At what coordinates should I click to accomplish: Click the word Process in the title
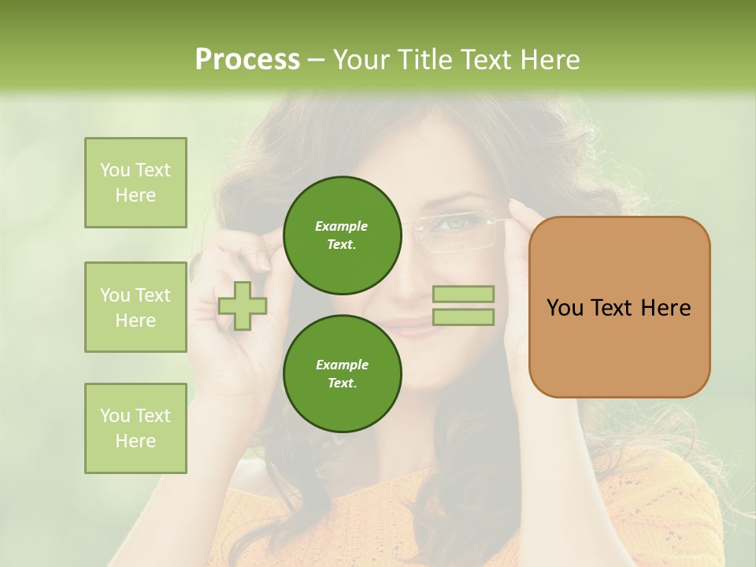247,60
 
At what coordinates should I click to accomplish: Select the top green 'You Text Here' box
135,183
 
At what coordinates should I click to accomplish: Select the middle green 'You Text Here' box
135,307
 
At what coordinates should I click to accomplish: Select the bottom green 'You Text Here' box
135,428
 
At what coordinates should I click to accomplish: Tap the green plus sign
243,306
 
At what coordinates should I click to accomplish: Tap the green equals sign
463,306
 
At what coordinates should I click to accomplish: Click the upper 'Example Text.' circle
343,235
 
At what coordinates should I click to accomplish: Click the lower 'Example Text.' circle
343,373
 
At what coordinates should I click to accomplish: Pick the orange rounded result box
619,307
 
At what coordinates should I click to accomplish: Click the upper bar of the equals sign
463,294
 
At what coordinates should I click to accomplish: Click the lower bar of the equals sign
463,317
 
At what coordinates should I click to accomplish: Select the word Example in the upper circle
342,226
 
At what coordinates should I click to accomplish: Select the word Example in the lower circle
342,365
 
